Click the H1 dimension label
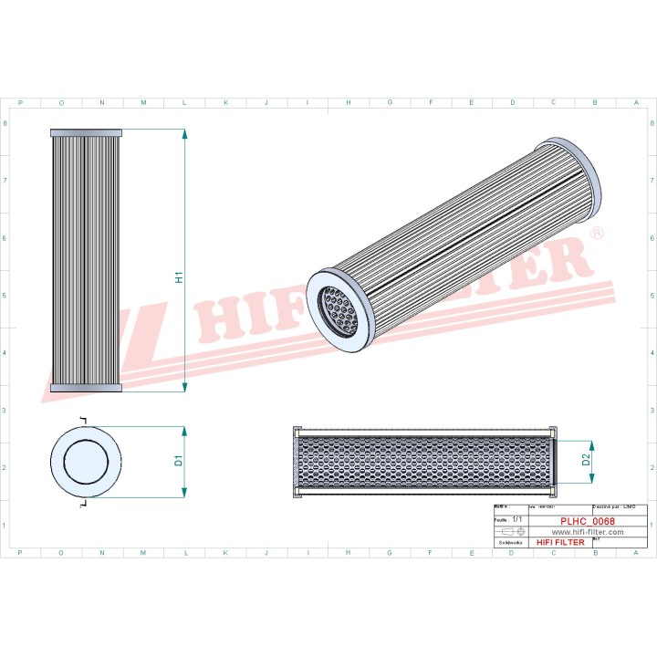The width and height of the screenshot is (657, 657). (180, 277)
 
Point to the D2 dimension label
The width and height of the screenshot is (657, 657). (586, 462)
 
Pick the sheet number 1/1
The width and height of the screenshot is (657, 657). (517, 518)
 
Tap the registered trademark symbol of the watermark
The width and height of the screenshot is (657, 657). (597, 235)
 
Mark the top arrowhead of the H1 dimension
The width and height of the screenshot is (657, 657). (185, 135)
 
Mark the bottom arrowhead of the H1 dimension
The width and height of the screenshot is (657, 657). (185, 386)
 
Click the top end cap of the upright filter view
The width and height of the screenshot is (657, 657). (85, 132)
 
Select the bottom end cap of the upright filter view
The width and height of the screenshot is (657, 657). (85, 389)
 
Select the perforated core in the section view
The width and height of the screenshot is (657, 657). (424, 462)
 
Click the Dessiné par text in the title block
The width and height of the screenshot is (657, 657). (613, 506)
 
